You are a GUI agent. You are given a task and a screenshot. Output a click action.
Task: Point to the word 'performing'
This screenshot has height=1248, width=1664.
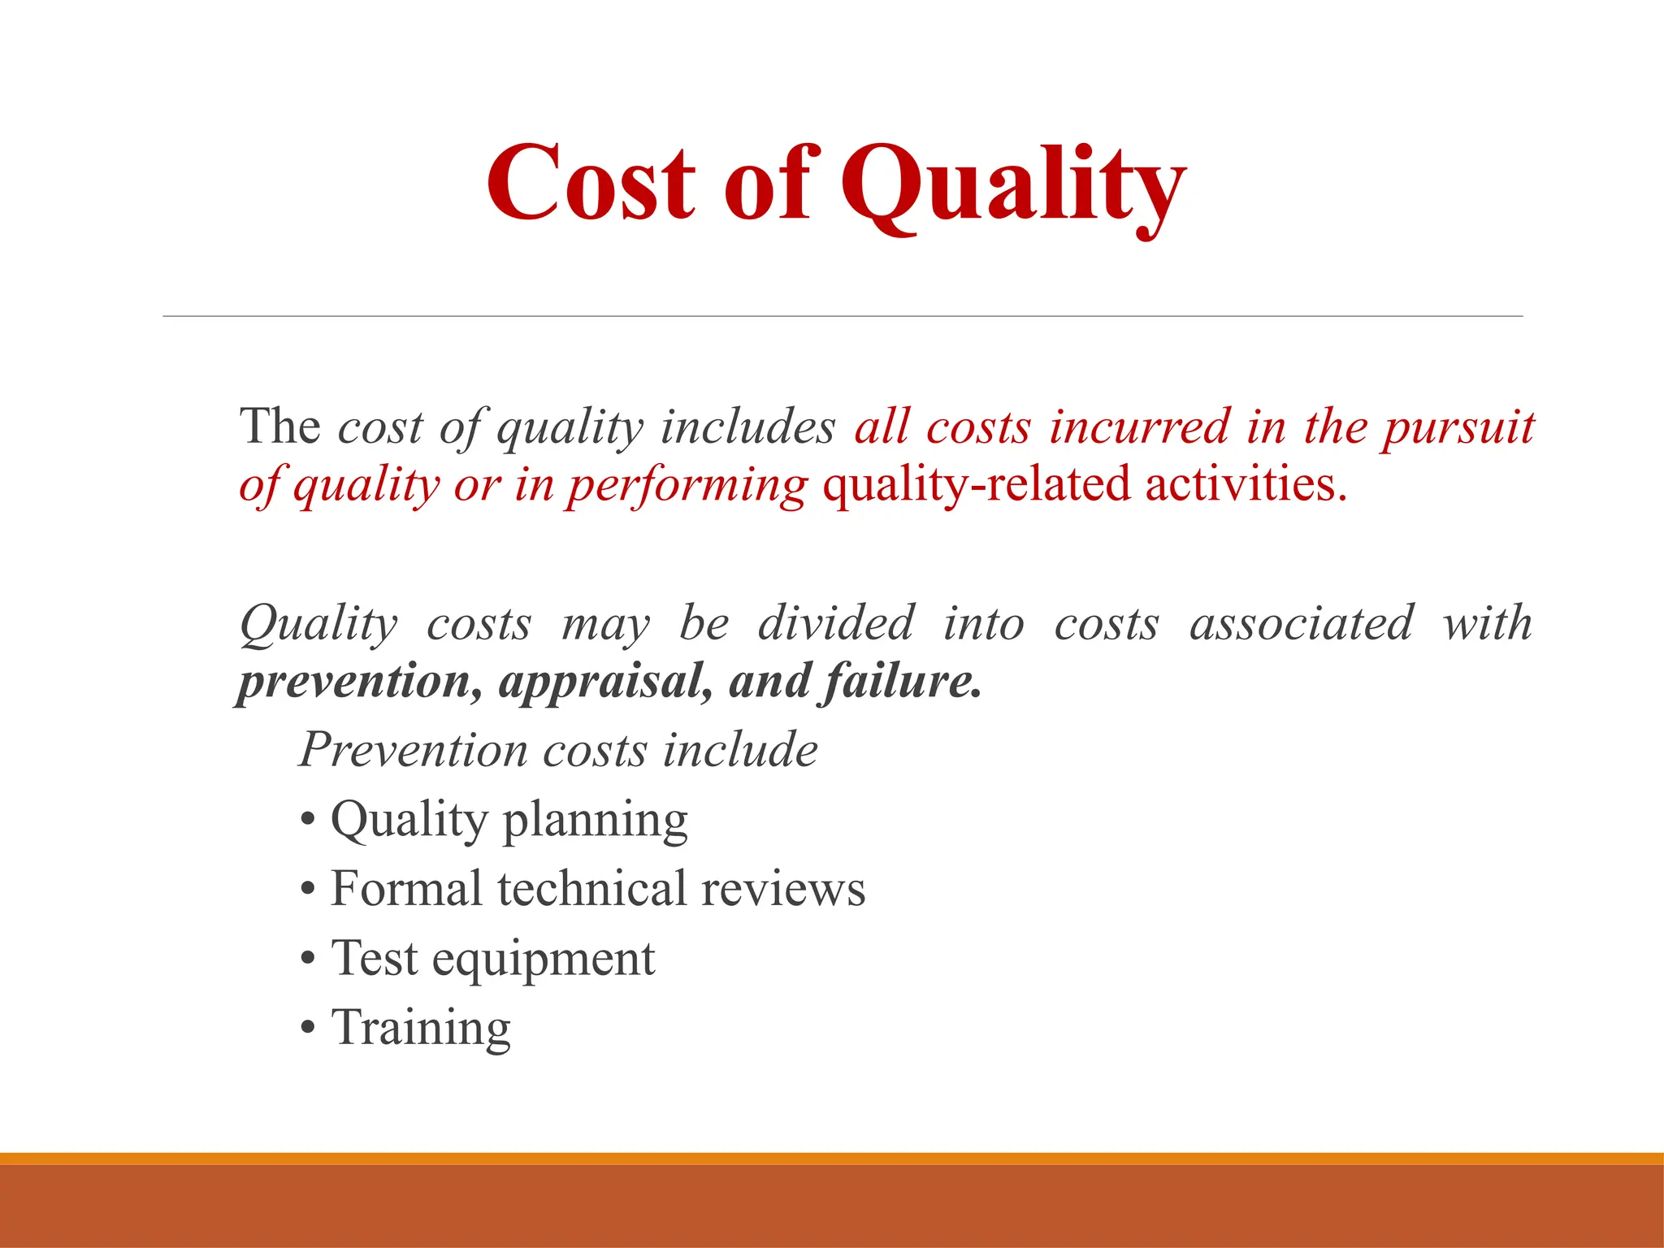tap(687, 487)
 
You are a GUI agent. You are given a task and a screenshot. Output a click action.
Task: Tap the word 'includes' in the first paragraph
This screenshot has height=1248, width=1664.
tap(747, 427)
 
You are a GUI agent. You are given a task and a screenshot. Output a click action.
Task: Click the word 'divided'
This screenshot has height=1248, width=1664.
tap(836, 623)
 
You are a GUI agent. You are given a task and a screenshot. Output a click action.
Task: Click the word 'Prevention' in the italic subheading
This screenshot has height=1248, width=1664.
tap(414, 749)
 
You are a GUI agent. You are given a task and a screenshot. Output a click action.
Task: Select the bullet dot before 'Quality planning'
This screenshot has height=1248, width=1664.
tap(307, 821)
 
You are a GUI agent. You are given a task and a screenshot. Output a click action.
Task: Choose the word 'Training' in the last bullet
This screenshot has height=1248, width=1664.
tap(421, 1029)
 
